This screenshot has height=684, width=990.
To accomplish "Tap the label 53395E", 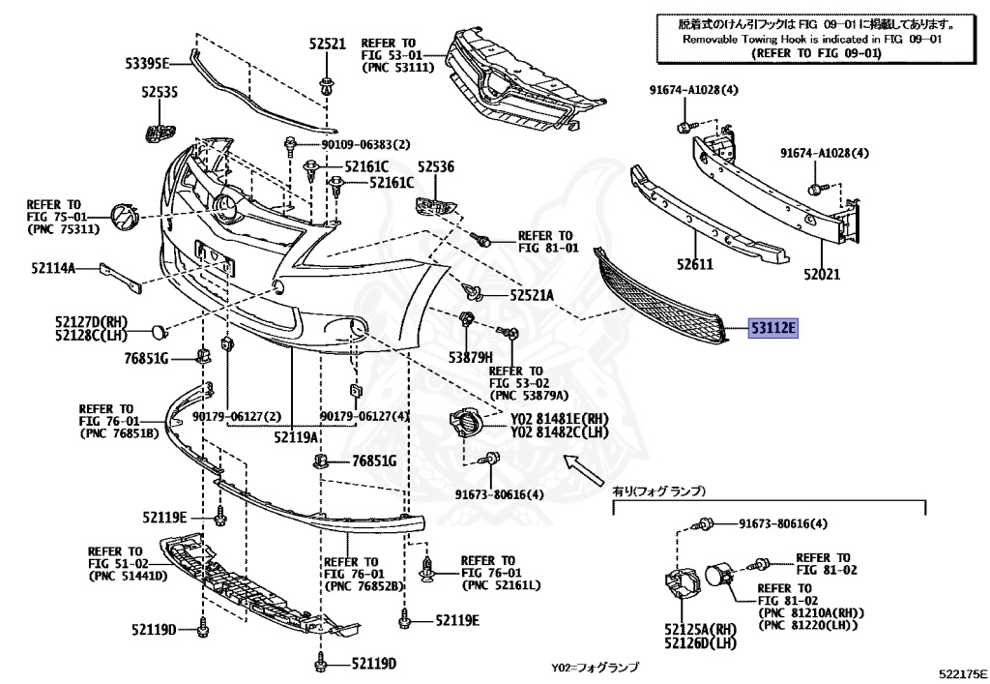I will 146,64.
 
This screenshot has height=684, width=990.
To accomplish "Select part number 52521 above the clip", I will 327,44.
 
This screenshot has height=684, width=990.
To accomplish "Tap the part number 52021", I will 822,274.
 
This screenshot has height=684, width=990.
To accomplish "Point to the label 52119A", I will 296,436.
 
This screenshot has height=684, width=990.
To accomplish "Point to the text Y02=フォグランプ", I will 595,668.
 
